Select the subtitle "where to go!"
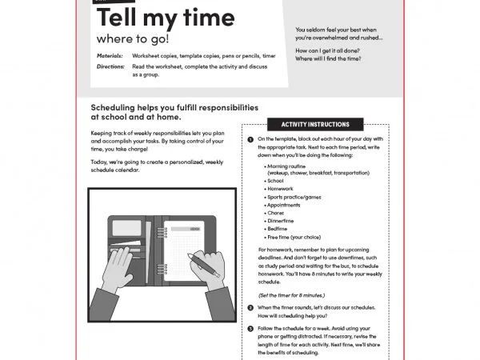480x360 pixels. tap(134, 38)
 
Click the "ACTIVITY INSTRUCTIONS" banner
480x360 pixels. tap(315, 125)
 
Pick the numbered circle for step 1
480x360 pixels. tap(250, 139)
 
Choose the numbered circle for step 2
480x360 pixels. tap(250, 308)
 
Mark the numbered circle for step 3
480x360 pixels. tap(250, 328)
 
